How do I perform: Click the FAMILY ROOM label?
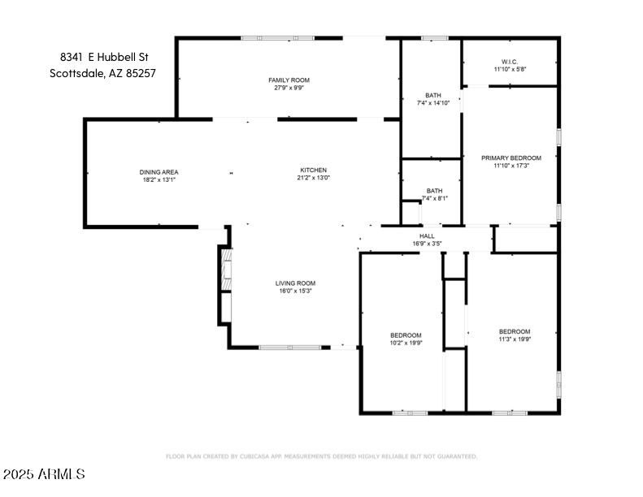point(289,80)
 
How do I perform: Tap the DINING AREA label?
point(159,172)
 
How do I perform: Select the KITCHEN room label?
point(313,170)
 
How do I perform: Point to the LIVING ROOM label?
point(294,283)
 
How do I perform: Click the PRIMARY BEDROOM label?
point(510,158)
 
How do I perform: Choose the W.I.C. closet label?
point(510,62)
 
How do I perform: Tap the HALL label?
point(427,236)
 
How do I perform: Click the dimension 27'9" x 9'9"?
point(289,88)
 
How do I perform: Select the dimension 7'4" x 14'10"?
point(432,103)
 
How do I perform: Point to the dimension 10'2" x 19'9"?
point(406,343)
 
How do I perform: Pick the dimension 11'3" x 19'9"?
point(514,339)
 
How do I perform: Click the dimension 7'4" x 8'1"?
point(434,199)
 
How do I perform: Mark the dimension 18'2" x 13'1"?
point(159,179)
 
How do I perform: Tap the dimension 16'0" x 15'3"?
point(294,291)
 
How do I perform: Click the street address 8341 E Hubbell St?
point(104,57)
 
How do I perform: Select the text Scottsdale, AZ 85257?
point(102,72)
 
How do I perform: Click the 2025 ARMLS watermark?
point(44,473)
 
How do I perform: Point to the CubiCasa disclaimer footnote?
point(321,456)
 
